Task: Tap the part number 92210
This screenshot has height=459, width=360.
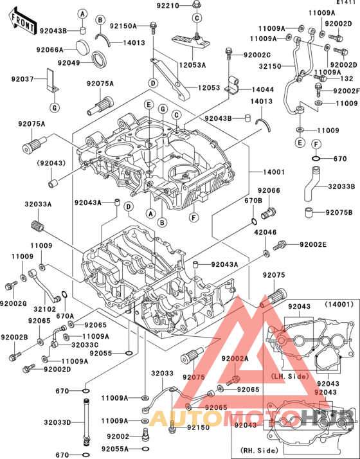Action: pyautogui.click(x=169, y=6)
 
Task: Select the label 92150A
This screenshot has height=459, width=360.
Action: pyautogui.click(x=123, y=26)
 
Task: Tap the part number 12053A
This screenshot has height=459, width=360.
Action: pyautogui.click(x=192, y=65)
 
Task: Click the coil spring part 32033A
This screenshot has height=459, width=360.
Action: pyautogui.click(x=37, y=226)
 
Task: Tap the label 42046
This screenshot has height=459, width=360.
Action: pyautogui.click(x=264, y=233)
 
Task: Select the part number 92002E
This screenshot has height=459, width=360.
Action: pyautogui.click(x=313, y=244)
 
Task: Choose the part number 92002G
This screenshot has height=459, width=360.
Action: pyautogui.click(x=13, y=303)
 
